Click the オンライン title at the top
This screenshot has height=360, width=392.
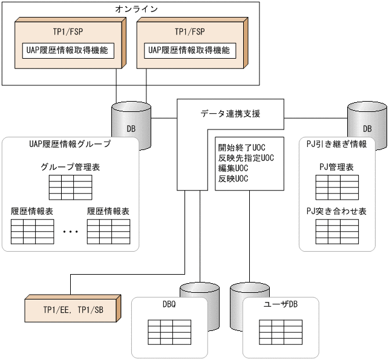(136, 8)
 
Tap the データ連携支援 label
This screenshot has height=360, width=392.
(230, 113)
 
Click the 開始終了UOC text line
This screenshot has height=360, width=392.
(242, 148)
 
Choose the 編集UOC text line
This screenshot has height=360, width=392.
(234, 168)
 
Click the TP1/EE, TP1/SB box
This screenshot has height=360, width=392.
(73, 309)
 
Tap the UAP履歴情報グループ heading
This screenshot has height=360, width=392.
(70, 145)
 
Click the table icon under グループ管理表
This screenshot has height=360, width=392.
(70, 188)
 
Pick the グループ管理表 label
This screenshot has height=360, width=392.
(70, 167)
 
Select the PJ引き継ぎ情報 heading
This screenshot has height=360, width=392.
(337, 145)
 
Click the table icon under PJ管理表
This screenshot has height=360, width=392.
(337, 188)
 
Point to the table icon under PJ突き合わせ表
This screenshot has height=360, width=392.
(337, 231)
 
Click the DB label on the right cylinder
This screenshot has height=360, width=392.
(367, 129)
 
